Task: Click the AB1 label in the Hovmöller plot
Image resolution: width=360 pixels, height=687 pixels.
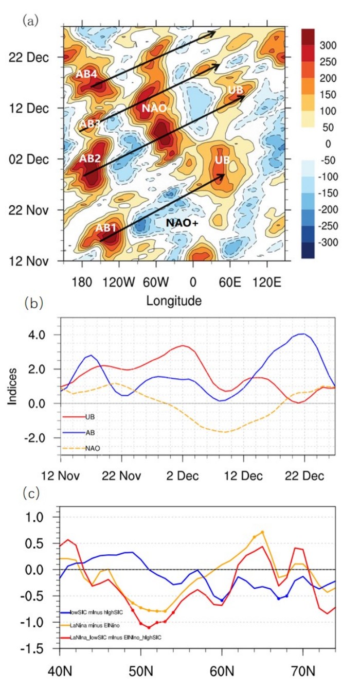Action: (x=106, y=228)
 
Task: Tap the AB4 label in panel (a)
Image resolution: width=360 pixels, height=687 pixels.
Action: (x=86, y=74)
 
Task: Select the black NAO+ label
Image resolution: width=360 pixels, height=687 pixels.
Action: (x=183, y=223)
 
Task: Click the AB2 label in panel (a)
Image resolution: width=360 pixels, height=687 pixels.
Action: (x=89, y=158)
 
